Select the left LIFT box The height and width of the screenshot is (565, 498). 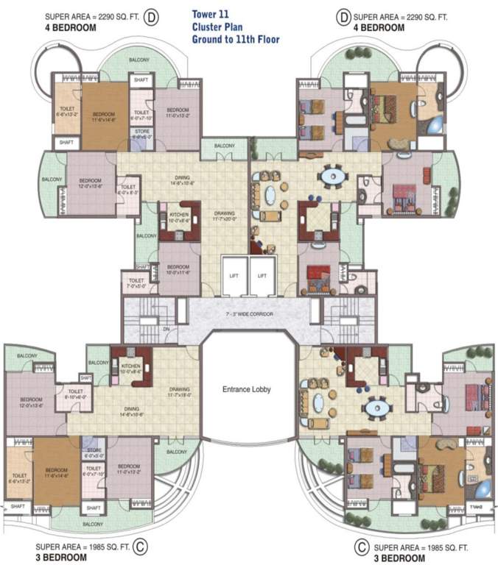234,276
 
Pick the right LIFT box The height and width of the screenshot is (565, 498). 262,276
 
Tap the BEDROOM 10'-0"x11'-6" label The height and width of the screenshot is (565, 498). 178,270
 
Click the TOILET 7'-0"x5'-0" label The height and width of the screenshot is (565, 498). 136,283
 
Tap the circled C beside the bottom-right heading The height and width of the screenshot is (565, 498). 361,547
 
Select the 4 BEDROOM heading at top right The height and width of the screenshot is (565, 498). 379,27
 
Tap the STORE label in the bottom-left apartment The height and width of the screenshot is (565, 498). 94,452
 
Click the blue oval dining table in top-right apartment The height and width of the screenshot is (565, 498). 330,176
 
